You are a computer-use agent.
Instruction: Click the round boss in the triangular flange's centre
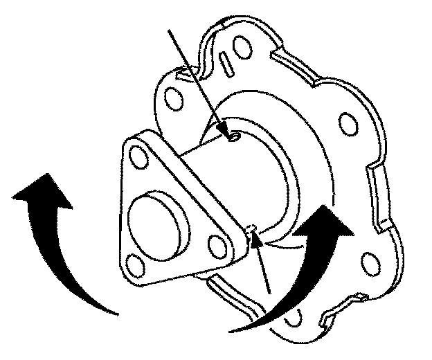coord(153,221)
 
